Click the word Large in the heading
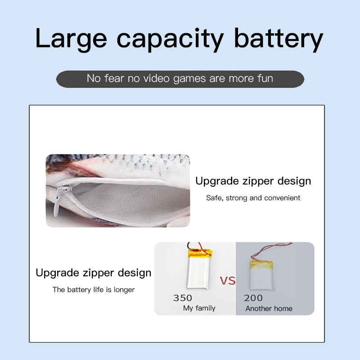click(71, 39)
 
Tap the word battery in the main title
click(278, 39)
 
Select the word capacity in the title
click(170, 40)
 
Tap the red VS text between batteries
click(228, 280)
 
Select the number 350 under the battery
click(183, 298)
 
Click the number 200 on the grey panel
click(253, 298)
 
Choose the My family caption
click(199, 308)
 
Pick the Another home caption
click(269, 308)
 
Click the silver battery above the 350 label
click(198, 273)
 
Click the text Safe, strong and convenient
click(253, 198)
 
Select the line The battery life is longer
click(94, 289)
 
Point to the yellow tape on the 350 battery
click(200, 254)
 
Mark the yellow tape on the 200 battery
click(261, 265)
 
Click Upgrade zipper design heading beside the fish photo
click(253, 181)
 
